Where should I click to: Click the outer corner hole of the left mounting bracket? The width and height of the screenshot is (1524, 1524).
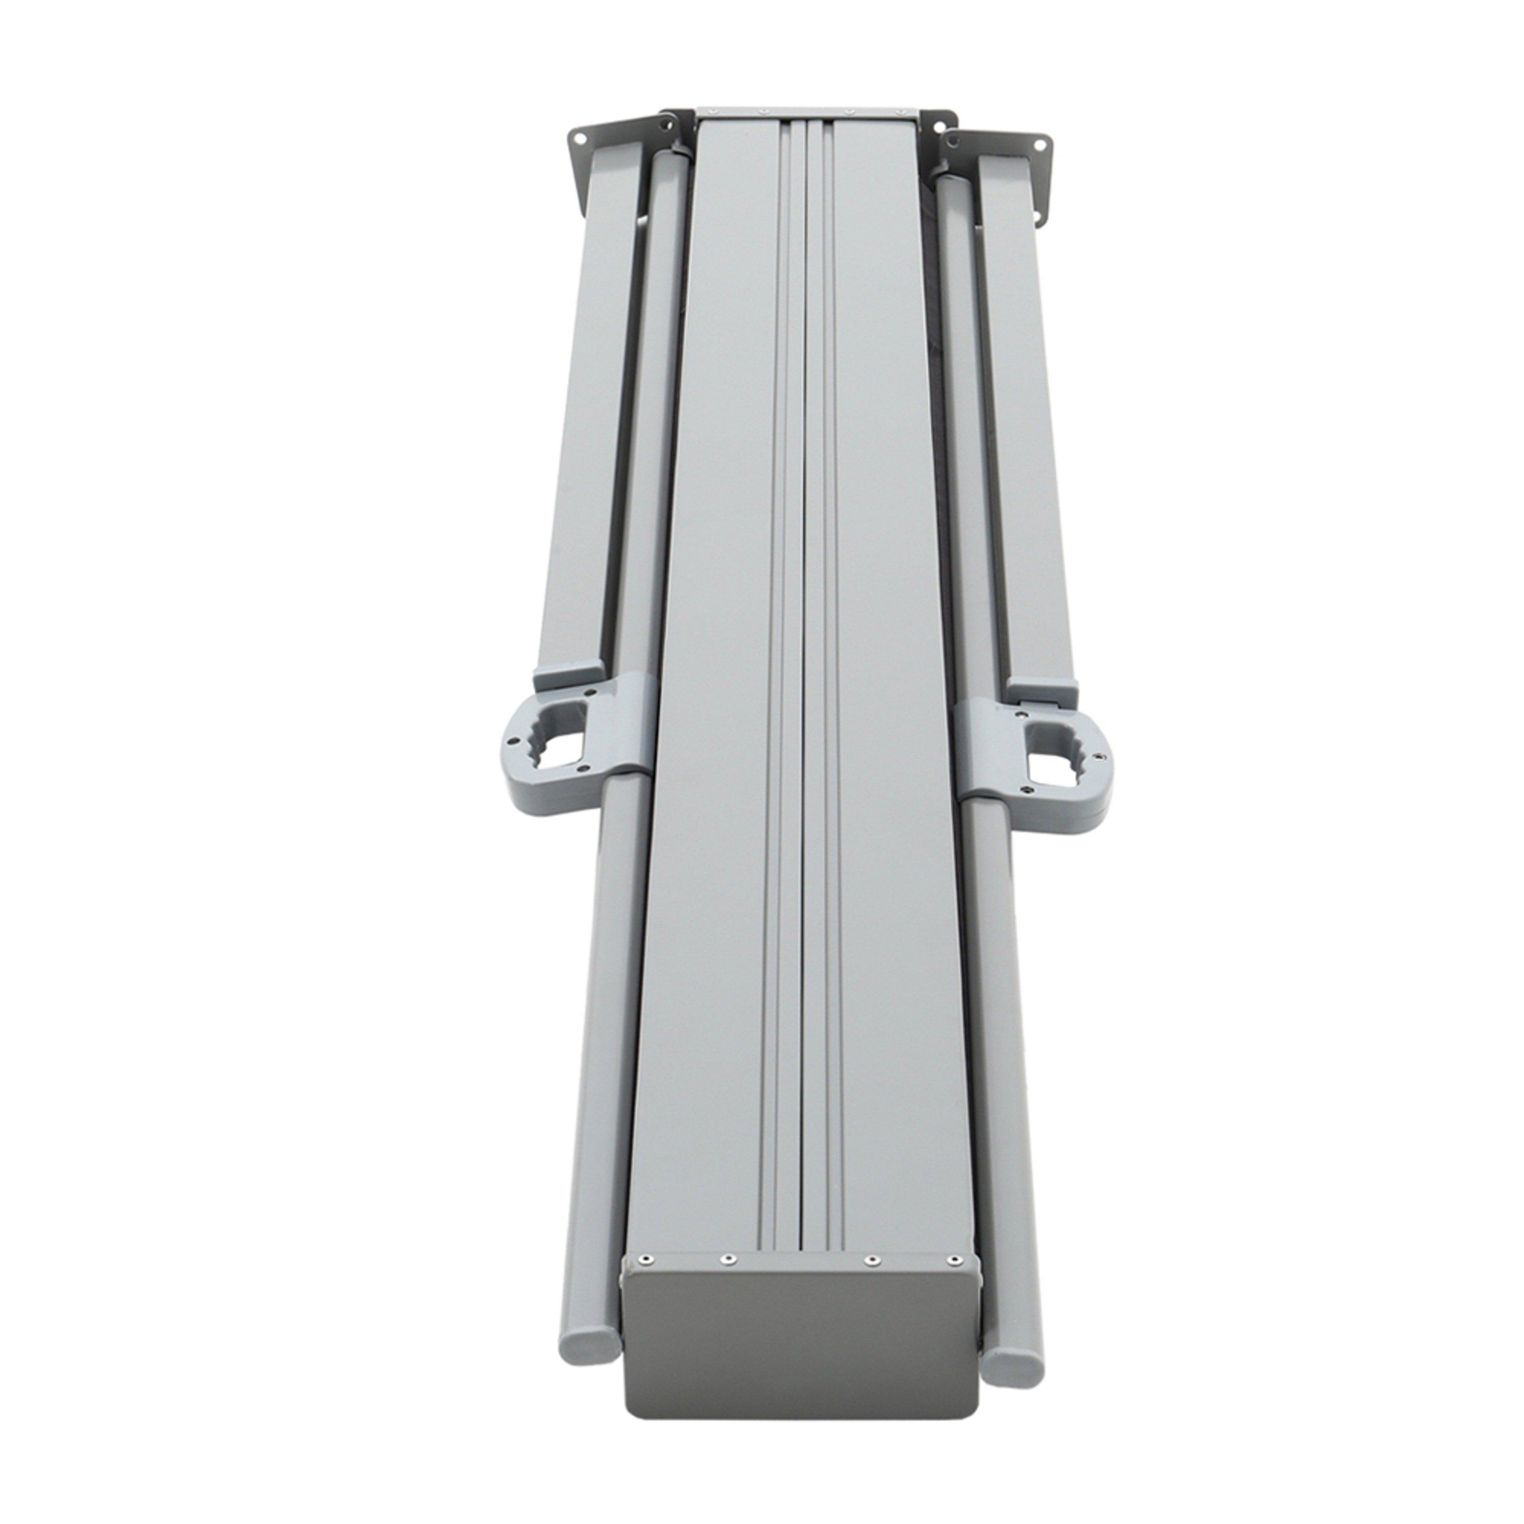click(581, 138)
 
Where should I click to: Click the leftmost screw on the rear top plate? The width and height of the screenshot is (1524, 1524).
click(714, 110)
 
